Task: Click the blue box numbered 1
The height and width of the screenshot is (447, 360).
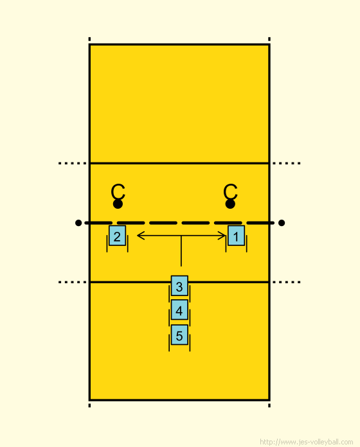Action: point(236,236)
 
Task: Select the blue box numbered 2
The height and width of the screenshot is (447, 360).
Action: point(117,236)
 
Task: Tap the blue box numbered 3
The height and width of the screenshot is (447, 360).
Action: point(179,286)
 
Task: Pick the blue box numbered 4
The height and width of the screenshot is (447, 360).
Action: point(179,310)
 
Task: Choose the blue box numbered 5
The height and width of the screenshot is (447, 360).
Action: point(179,335)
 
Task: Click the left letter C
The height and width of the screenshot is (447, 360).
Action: point(118,191)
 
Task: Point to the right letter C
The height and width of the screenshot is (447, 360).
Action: point(230,191)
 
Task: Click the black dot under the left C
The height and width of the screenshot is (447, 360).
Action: point(118,204)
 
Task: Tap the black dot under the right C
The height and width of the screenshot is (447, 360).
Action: point(230,204)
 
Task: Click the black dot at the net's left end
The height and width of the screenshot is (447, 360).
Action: point(78,223)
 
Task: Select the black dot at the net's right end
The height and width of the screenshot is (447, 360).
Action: point(282,223)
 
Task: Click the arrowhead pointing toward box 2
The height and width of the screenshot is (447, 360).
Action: point(141,236)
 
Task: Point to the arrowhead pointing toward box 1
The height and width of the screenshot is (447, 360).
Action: point(222,236)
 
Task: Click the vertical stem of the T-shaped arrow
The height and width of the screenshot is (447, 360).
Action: point(181,251)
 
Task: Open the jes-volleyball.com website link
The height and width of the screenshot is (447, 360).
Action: point(307,442)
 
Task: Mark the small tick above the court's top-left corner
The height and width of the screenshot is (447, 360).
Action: point(89,39)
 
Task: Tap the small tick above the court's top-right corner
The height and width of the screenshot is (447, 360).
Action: point(269,39)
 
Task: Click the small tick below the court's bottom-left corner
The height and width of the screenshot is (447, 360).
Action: point(89,405)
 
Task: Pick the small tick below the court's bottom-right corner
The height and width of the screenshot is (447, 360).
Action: point(269,405)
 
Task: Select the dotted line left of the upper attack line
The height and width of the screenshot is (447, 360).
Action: point(73,163)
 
